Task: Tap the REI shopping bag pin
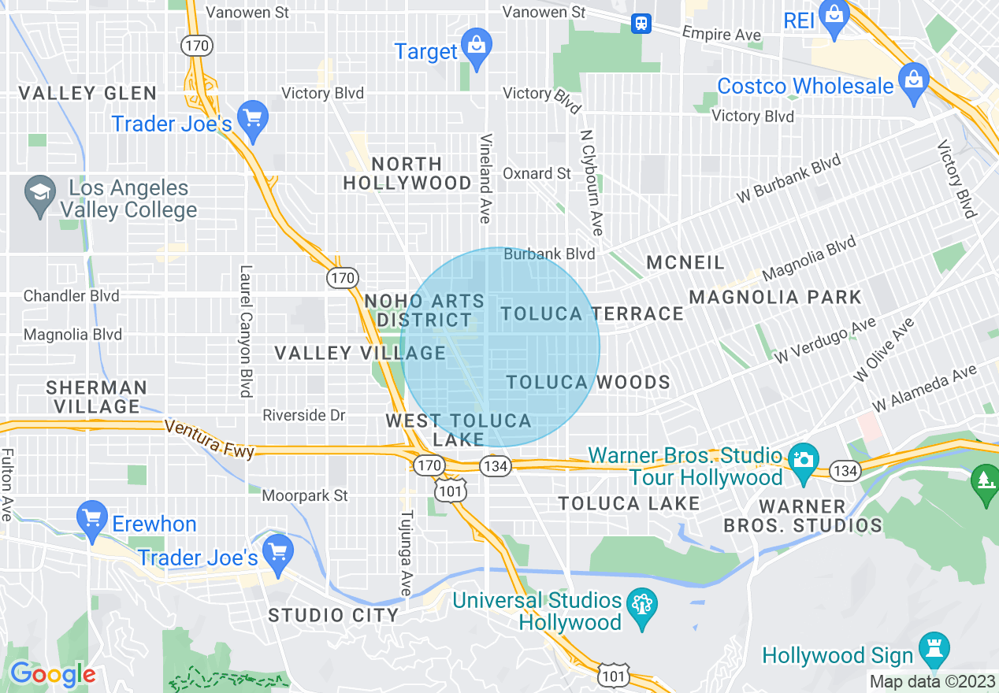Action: click(x=833, y=13)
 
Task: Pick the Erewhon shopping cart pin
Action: click(x=92, y=518)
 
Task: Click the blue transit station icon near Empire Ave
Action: click(x=641, y=24)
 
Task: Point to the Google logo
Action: click(x=52, y=674)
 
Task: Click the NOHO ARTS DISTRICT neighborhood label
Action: click(x=425, y=310)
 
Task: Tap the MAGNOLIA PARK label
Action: click(x=775, y=297)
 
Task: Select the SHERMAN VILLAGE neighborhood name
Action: click(x=96, y=397)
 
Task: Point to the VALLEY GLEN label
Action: click(x=87, y=93)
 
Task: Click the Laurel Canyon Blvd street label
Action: click(x=246, y=331)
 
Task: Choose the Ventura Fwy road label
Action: click(x=210, y=439)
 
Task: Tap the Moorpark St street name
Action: click(x=305, y=495)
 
